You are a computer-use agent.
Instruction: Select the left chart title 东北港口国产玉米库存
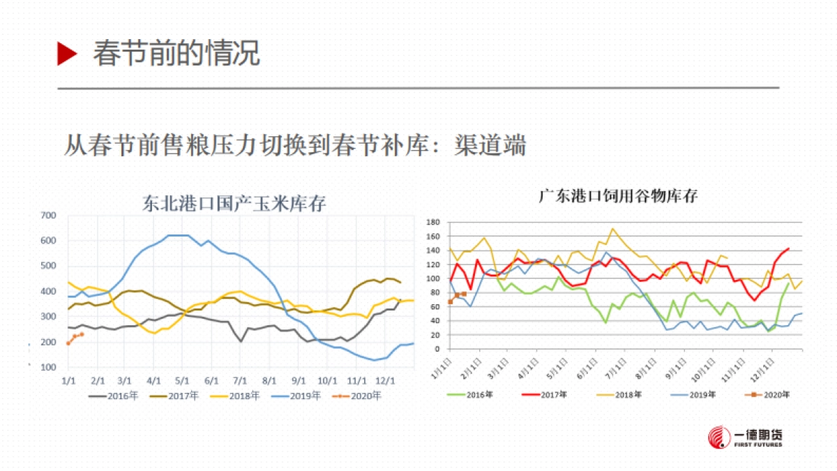pos(234,204)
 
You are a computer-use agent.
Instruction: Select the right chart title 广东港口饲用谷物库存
pos(618,196)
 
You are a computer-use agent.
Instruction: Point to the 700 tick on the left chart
pos(48,216)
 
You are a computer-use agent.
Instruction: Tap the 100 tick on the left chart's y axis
pos(48,367)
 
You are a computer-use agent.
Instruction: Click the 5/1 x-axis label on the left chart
pos(182,381)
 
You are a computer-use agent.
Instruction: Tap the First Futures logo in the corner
pos(744,438)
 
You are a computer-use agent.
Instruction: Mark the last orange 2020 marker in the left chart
pos(82,334)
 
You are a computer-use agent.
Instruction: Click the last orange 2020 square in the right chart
pos(464,294)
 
